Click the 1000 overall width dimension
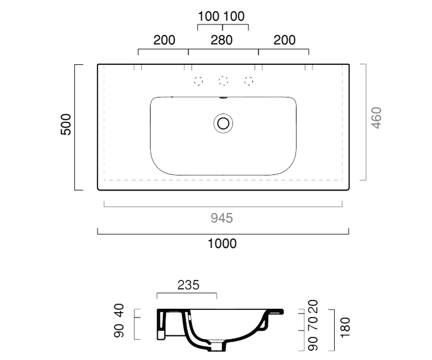(x=222, y=243)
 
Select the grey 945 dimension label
(x=222, y=218)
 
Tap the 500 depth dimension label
(x=66, y=124)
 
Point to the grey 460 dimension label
(x=376, y=118)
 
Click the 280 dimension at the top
(x=222, y=40)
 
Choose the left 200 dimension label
(x=164, y=40)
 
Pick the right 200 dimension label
(x=284, y=40)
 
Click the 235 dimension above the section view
(x=188, y=285)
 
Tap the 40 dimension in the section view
(x=119, y=310)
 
